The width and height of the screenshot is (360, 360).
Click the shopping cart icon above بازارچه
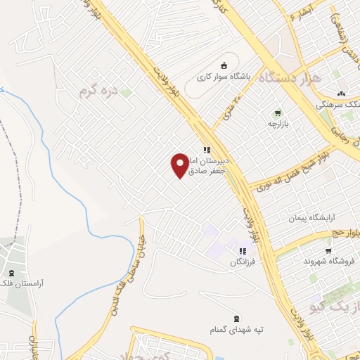coord(278,112)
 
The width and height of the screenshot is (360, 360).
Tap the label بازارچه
coord(278,124)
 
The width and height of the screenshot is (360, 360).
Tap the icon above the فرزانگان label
coord(243,250)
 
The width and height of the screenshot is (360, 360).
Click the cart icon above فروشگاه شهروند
coord(328,250)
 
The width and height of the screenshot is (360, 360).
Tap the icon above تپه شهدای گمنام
coord(235,318)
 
